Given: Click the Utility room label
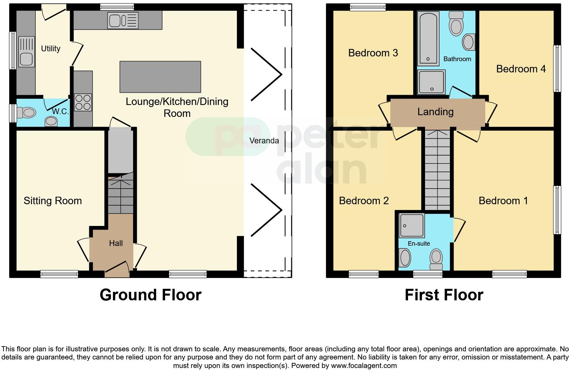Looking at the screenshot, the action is click(x=51, y=49).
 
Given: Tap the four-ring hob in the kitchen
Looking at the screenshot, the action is click(x=83, y=103).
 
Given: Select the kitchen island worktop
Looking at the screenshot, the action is click(x=160, y=77).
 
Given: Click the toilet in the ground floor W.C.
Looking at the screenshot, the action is click(x=27, y=112).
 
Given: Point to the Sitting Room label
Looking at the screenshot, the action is click(x=53, y=200).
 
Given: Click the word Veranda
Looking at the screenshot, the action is click(x=264, y=141).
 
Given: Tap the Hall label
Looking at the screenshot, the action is click(x=116, y=243).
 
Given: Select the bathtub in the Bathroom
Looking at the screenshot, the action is click(x=428, y=38).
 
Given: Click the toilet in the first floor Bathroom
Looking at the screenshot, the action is click(x=456, y=24).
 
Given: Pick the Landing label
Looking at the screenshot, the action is click(x=435, y=111).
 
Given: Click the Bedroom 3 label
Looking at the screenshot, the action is click(x=373, y=53).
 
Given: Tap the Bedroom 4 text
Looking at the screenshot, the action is click(x=521, y=69).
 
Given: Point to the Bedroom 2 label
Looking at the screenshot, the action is click(x=364, y=200).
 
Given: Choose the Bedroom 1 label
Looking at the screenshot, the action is click(x=503, y=200).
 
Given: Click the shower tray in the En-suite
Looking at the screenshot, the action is click(x=411, y=226).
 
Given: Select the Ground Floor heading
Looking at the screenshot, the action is click(x=151, y=295).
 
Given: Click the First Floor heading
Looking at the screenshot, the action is click(x=444, y=295).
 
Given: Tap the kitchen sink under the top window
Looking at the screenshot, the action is click(x=123, y=20).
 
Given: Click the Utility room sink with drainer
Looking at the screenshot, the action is click(x=26, y=52).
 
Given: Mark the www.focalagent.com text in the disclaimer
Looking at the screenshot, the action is click(x=364, y=366).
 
